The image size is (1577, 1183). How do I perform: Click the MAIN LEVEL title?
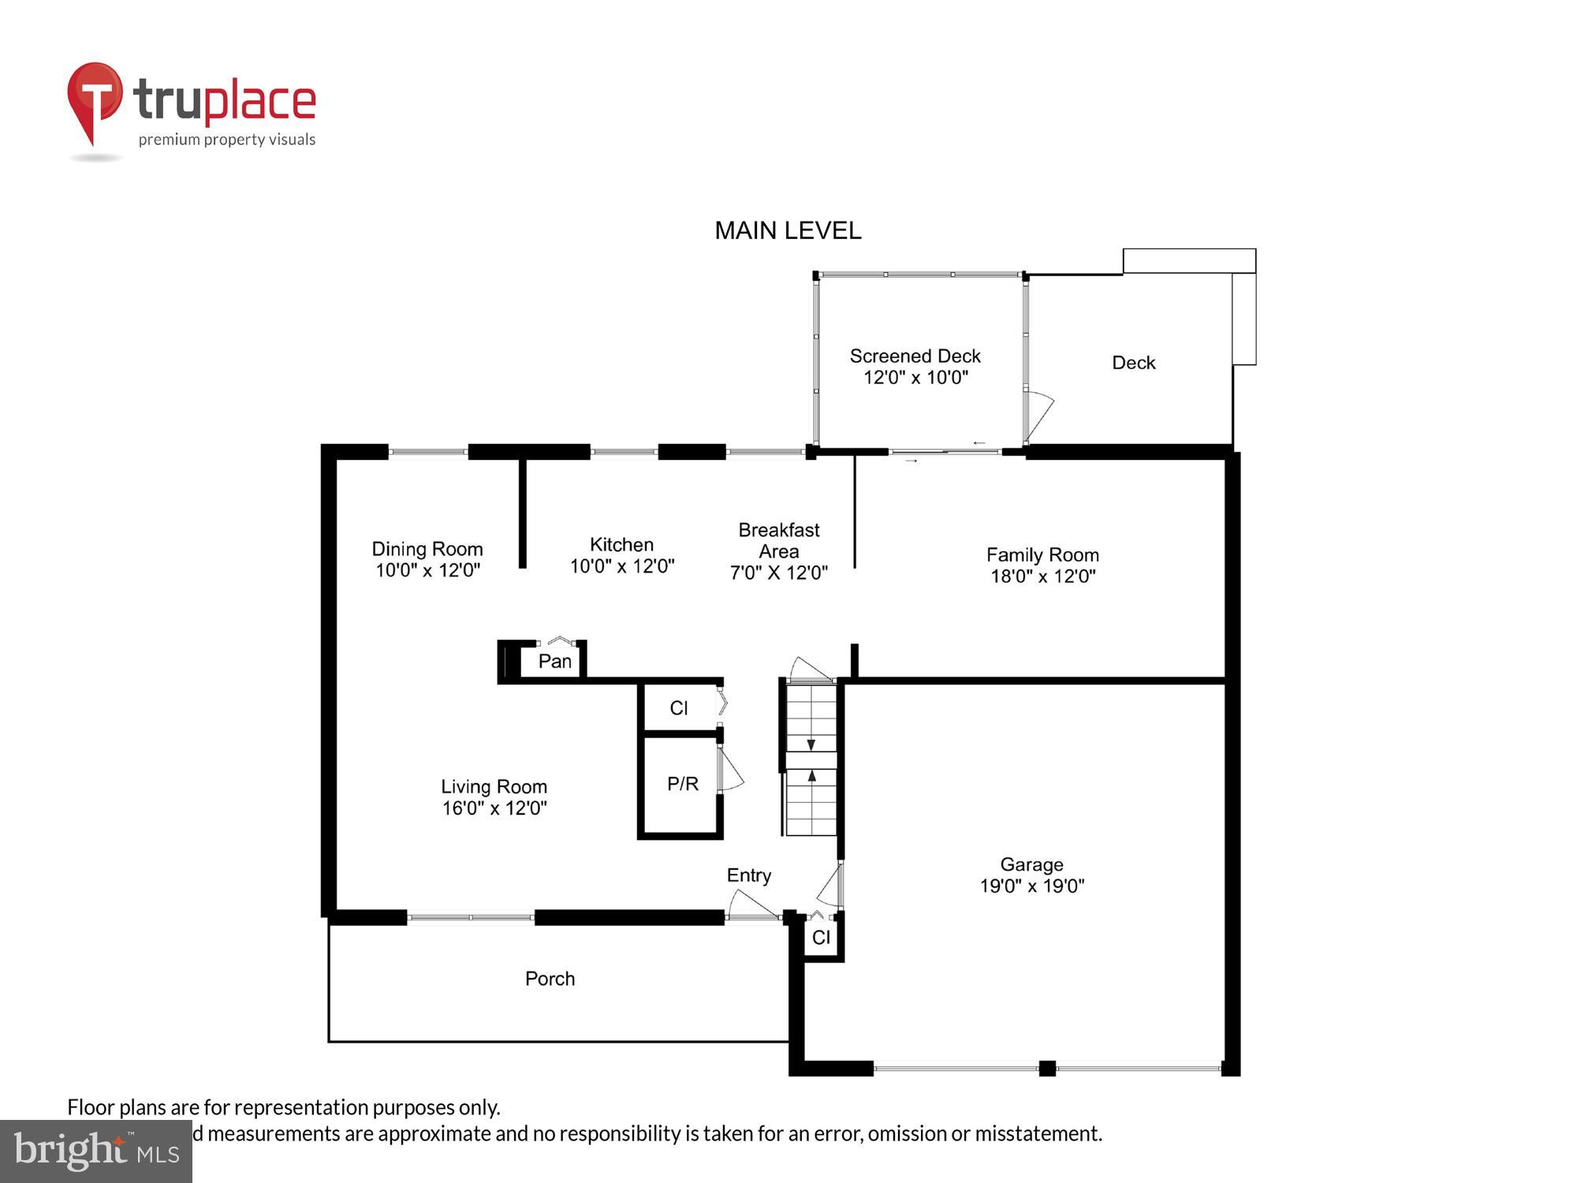pyautogui.click(x=788, y=230)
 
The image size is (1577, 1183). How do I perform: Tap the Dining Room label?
pyautogui.click(x=427, y=549)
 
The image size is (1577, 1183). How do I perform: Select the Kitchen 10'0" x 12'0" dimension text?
pyautogui.click(x=622, y=566)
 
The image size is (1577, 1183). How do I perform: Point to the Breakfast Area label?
pyautogui.click(x=778, y=541)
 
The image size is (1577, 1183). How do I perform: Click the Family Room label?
pyautogui.click(x=1042, y=554)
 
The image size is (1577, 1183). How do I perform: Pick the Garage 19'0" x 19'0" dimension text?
pyautogui.click(x=1031, y=886)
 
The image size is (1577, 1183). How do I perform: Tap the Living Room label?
pyautogui.click(x=494, y=786)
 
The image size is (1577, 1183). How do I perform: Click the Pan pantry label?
pyautogui.click(x=554, y=661)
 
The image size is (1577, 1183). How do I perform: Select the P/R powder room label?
pyautogui.click(x=682, y=784)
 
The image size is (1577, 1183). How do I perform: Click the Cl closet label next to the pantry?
pyautogui.click(x=678, y=708)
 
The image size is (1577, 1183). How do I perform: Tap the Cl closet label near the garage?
pyautogui.click(x=821, y=938)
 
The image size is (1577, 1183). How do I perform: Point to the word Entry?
pyautogui.click(x=748, y=875)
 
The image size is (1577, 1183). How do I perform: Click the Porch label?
pyautogui.click(x=550, y=979)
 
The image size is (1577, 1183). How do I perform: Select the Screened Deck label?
pyautogui.click(x=915, y=356)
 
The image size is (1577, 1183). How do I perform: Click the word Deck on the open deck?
pyautogui.click(x=1133, y=363)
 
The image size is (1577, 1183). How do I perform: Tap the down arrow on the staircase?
pyautogui.click(x=811, y=745)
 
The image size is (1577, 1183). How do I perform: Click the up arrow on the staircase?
pyautogui.click(x=811, y=777)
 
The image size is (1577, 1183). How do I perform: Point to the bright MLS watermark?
pyautogui.click(x=96, y=1151)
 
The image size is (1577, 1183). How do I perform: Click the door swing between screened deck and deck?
pyautogui.click(x=1039, y=414)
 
